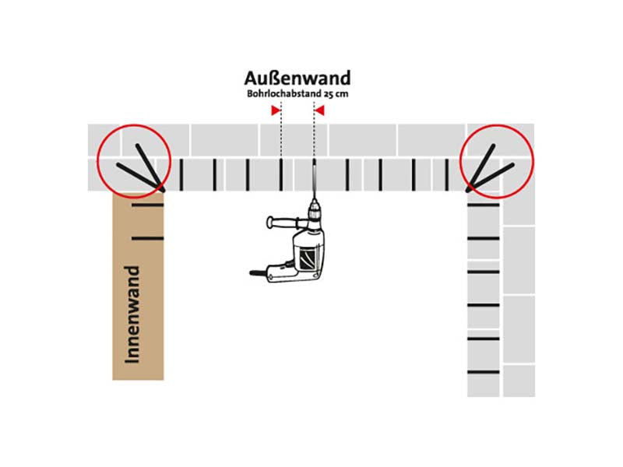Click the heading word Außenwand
point(297,79)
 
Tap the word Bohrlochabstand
point(283,94)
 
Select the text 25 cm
point(336,94)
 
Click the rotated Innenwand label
point(132,314)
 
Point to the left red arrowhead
point(276,111)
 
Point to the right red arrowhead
point(319,111)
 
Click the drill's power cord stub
point(257,273)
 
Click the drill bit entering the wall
point(315,179)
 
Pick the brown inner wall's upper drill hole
point(147,205)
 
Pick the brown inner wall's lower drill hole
point(147,238)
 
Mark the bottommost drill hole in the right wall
point(483,372)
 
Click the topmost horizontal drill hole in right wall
point(483,205)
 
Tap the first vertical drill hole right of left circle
point(181,174)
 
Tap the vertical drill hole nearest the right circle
point(446,174)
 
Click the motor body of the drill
point(308,255)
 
